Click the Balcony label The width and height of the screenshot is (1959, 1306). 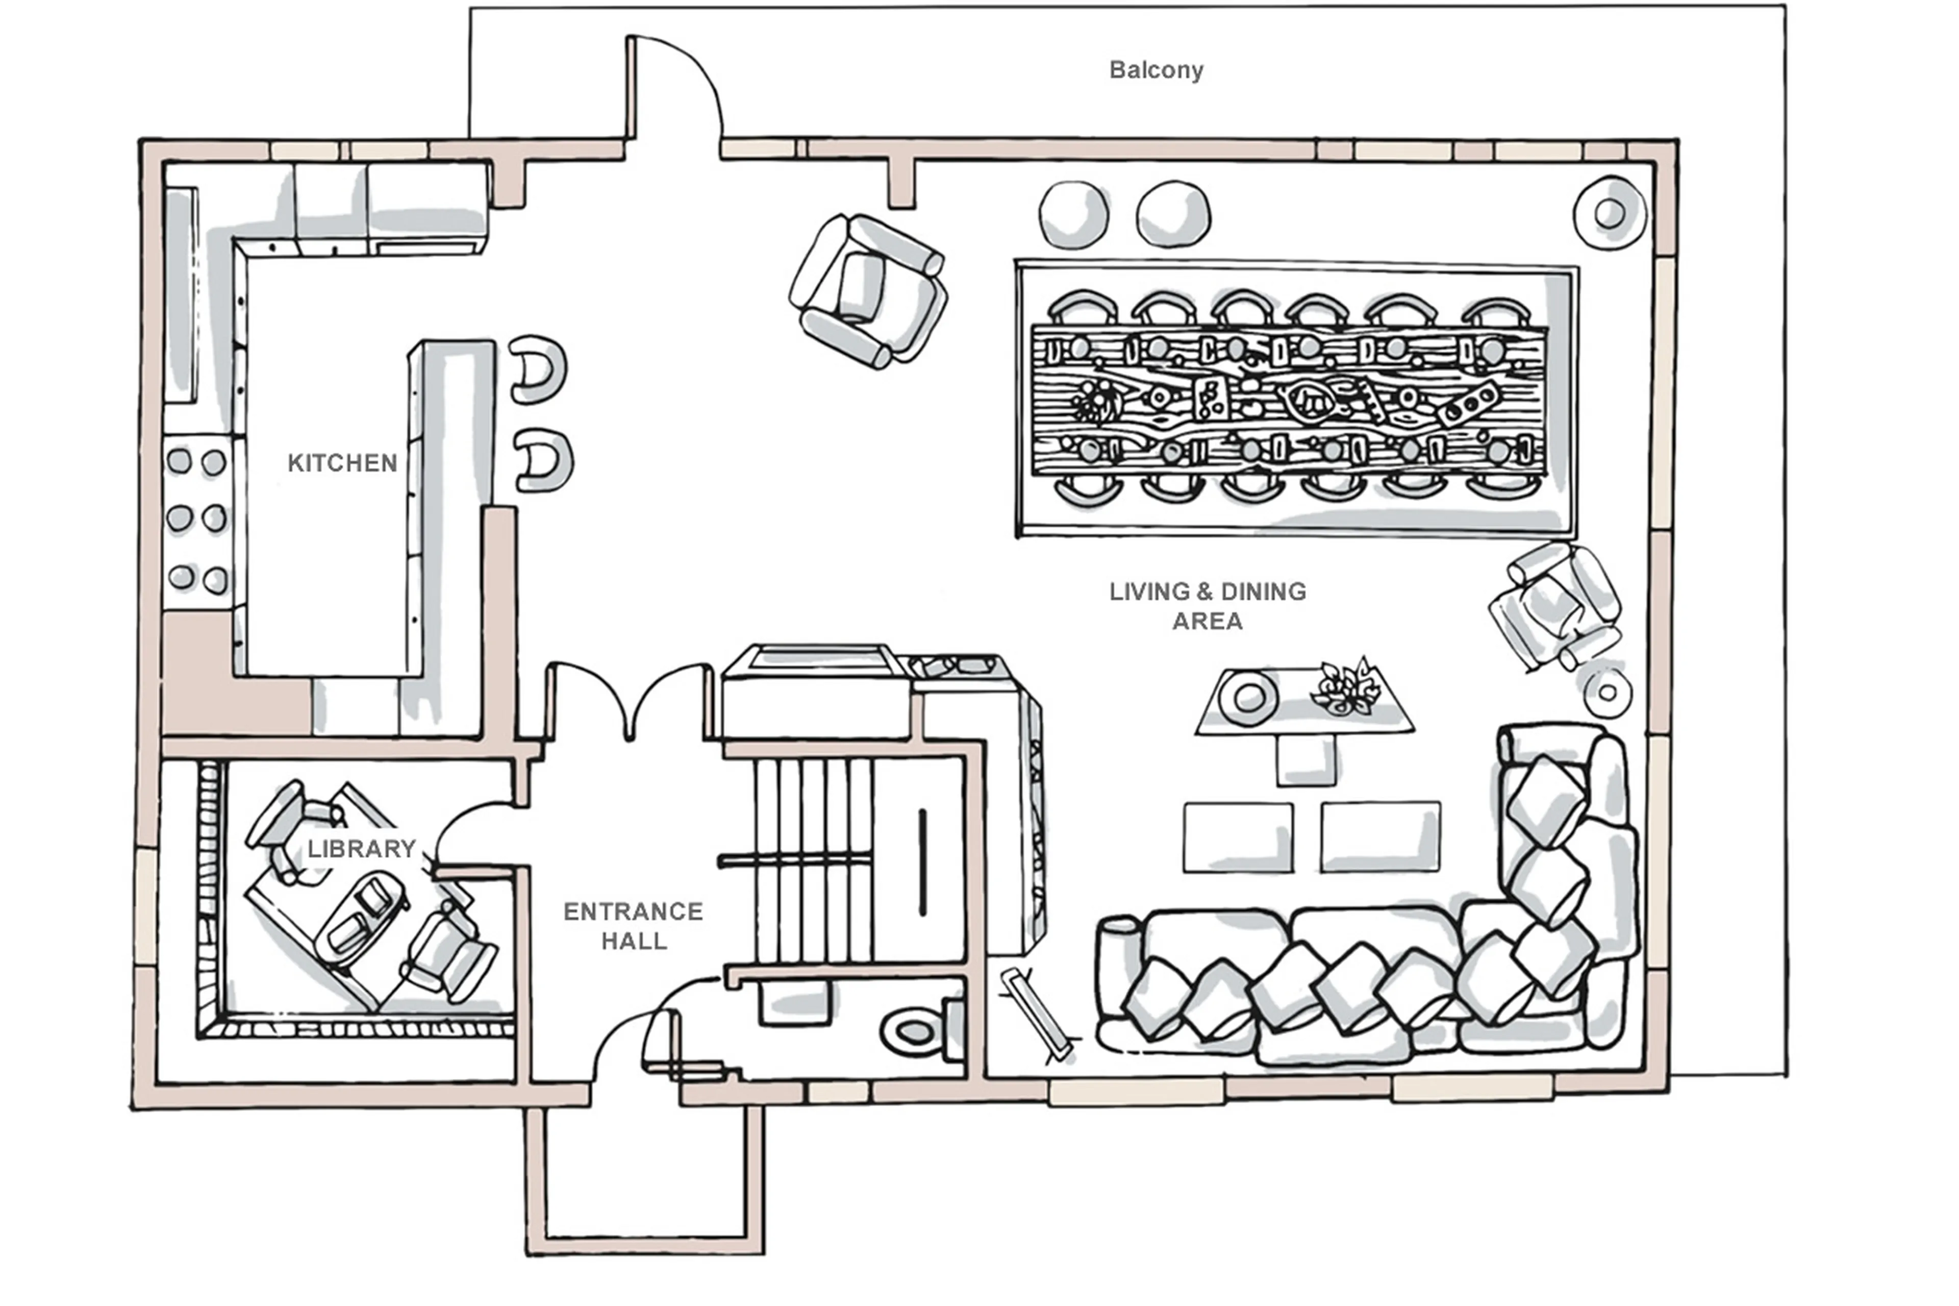1156,70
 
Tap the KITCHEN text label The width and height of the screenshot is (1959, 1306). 342,463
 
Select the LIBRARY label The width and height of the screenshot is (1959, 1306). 361,849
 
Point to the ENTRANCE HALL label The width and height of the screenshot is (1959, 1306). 633,925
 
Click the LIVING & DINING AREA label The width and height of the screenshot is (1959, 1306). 1207,605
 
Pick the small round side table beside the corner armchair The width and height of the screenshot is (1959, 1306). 1607,692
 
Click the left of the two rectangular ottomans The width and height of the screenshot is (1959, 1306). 1238,837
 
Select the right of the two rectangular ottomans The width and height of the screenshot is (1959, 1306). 1379,837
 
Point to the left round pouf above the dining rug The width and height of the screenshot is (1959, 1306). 1073,214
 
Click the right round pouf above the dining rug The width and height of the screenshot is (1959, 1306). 1173,214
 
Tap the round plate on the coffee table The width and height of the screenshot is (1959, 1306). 1248,698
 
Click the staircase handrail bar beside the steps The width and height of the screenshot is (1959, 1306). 922,862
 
